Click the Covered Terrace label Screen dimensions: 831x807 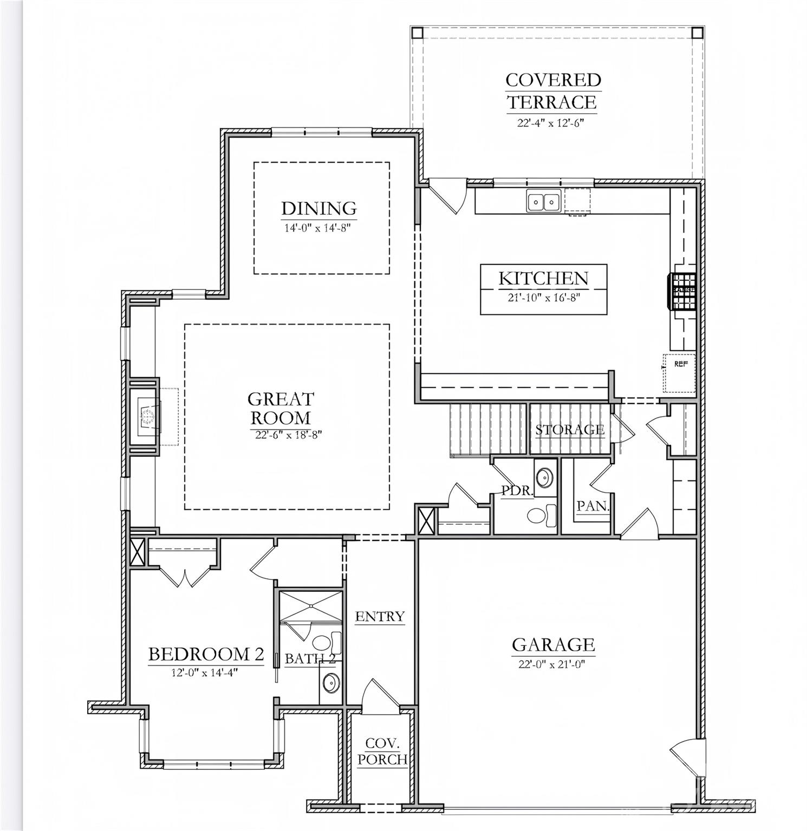[552, 91]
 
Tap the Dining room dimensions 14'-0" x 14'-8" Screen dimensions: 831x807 [318, 228]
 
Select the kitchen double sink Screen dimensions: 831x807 [543, 202]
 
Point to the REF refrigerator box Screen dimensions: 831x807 [680, 372]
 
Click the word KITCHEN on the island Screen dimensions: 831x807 [543, 279]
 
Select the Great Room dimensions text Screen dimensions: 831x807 [288, 434]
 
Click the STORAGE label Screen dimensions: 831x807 [570, 430]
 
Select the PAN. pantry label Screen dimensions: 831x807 [593, 506]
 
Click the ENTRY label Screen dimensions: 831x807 [380, 616]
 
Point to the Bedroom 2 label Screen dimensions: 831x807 [206, 655]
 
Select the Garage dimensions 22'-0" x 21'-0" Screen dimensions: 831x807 [552, 664]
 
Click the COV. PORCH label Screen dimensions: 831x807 [382, 751]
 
